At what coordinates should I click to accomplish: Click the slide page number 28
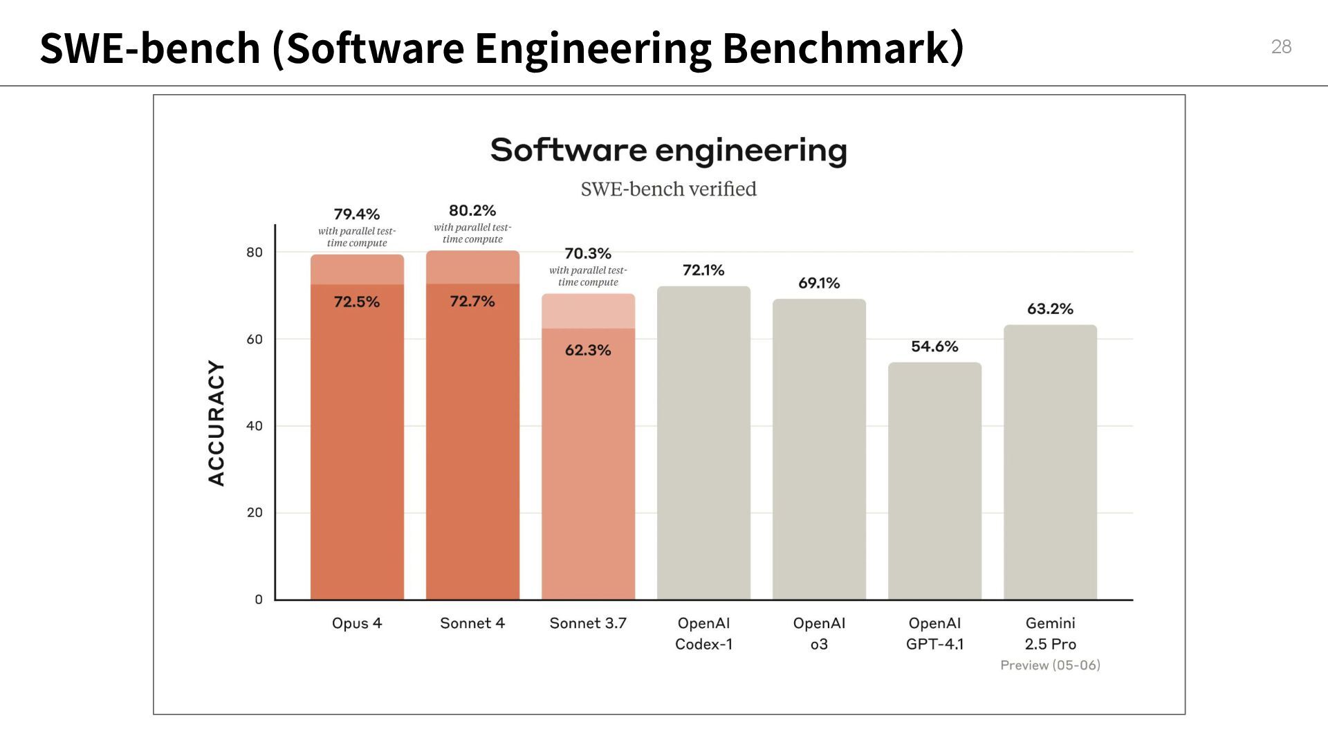tap(1281, 47)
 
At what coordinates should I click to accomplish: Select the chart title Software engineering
tap(668, 150)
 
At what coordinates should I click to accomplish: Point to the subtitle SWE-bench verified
tap(668, 189)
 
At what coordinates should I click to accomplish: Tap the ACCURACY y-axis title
tap(216, 423)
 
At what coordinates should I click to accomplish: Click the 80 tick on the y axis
tap(255, 252)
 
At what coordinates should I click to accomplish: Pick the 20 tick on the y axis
tap(255, 513)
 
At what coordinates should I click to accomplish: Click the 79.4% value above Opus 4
tap(357, 214)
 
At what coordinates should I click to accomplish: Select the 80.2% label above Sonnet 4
tap(472, 210)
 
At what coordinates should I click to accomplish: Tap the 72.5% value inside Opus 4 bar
tap(357, 302)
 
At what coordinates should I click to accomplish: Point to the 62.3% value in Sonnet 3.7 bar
tap(588, 350)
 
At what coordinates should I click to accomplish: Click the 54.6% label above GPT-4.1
tap(934, 347)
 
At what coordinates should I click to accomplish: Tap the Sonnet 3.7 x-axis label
tap(588, 623)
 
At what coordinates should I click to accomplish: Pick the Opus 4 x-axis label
tap(357, 623)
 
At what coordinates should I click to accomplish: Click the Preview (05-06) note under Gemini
tap(1050, 665)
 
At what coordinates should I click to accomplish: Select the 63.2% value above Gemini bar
tap(1050, 308)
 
